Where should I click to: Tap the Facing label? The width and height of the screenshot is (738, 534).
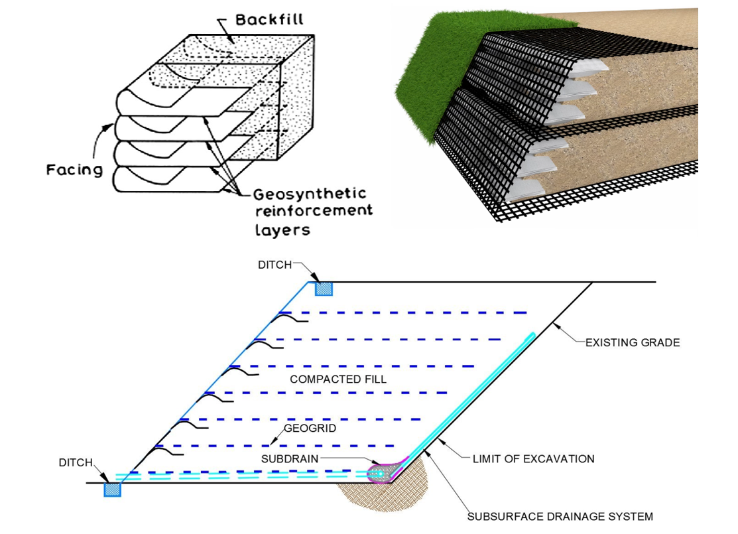pyautogui.click(x=75, y=170)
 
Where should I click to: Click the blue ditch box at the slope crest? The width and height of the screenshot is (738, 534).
pyautogui.click(x=324, y=288)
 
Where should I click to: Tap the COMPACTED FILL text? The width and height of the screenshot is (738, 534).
pyautogui.click(x=338, y=379)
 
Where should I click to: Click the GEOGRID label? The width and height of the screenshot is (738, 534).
pyautogui.click(x=310, y=429)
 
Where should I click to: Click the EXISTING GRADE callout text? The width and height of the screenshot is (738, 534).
pyautogui.click(x=632, y=343)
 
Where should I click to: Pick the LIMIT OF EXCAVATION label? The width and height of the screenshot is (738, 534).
pyautogui.click(x=533, y=458)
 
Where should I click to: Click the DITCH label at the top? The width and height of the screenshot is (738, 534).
pyautogui.click(x=275, y=265)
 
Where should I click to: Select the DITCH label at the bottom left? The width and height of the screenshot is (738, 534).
pyautogui.click(x=76, y=462)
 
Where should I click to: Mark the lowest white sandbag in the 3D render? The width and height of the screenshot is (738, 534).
pyautogui.click(x=524, y=192)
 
